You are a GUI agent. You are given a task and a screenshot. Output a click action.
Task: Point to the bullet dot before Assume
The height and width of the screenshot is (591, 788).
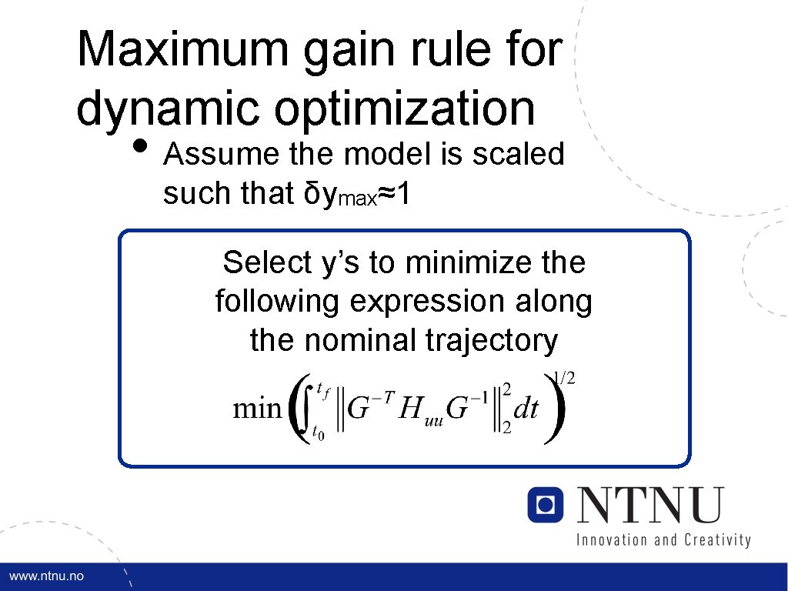[x=141, y=145]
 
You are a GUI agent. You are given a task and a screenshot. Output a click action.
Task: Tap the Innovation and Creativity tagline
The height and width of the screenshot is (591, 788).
[x=663, y=539]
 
